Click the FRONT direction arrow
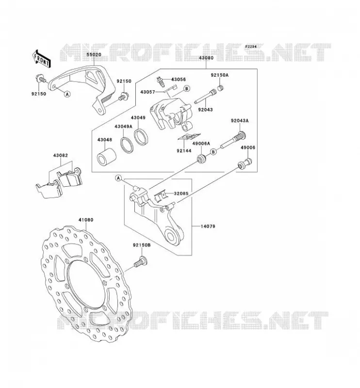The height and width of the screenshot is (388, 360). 42,59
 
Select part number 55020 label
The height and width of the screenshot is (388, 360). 94,54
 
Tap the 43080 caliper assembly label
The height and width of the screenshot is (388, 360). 206,58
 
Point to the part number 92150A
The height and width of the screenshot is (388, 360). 220,75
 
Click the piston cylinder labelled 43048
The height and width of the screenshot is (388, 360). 107,157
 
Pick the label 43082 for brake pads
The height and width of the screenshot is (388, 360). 61,155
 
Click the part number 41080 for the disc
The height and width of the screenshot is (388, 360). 86,220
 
